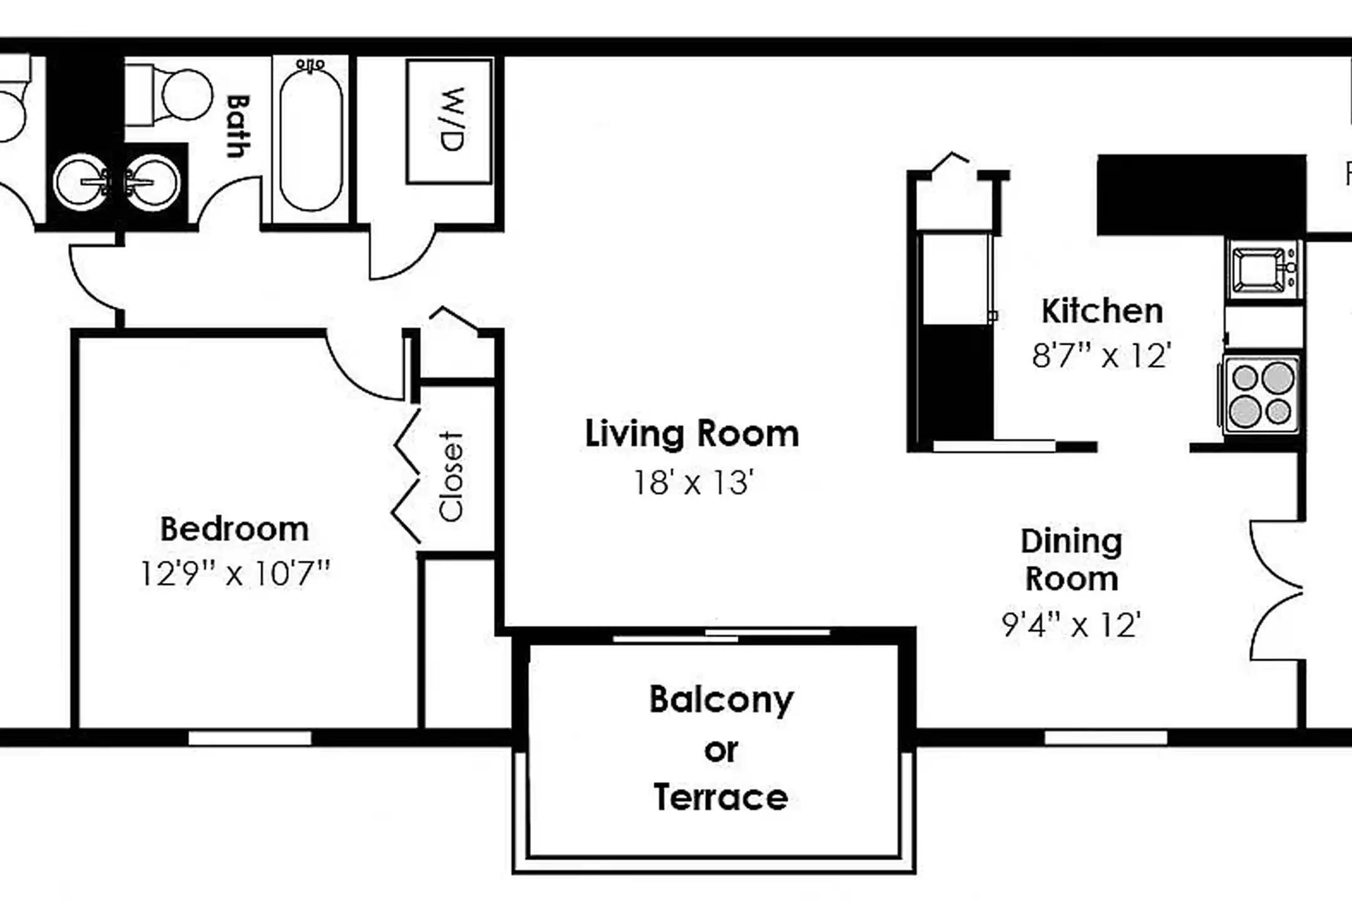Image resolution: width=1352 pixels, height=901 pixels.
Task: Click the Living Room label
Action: [x=692, y=434]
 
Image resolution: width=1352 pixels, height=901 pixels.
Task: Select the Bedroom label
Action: [x=235, y=529]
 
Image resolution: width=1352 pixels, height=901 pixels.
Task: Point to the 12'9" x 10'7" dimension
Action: [x=235, y=573]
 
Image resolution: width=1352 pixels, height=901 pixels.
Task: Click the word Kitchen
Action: [x=1102, y=312]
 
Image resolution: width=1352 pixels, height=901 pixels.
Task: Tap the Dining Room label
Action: [x=1072, y=560]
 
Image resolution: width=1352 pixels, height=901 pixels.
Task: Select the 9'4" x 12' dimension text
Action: [x=1072, y=624]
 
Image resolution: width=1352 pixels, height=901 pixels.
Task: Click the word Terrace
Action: [x=720, y=798]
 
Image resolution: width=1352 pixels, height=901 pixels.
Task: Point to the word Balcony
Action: [x=721, y=700]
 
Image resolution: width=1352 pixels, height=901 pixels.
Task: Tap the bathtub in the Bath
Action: [x=311, y=139]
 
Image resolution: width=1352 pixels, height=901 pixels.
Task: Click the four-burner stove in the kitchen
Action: [x=1261, y=395]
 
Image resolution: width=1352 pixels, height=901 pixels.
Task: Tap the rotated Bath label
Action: [x=238, y=125]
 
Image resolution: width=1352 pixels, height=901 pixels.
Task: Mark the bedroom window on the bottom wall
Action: [x=250, y=738]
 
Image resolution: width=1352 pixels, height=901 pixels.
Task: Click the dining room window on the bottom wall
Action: [x=1105, y=738]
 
